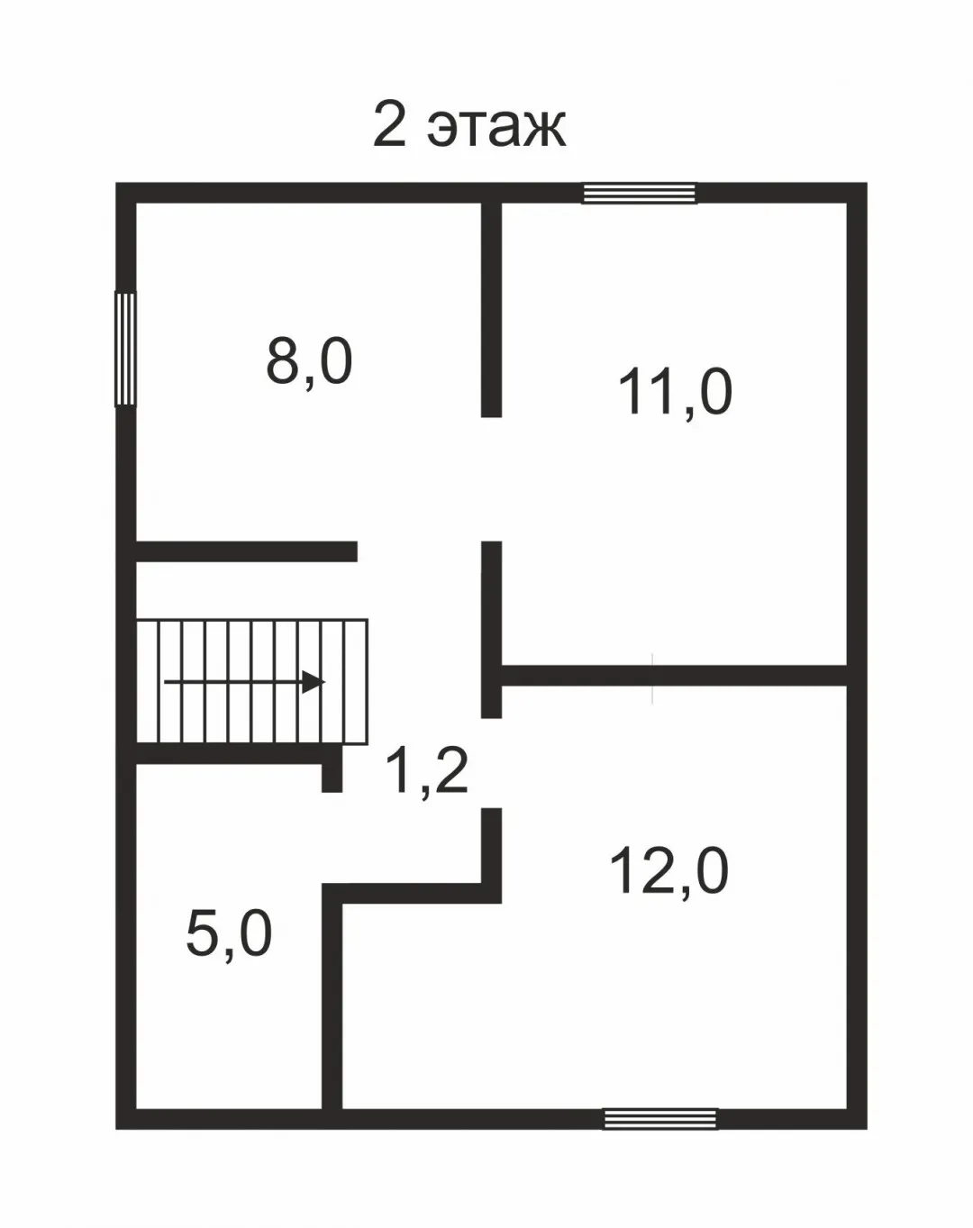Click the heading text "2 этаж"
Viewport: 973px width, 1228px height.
[469, 125]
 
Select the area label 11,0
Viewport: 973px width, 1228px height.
[675, 393]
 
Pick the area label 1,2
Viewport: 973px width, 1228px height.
[426, 773]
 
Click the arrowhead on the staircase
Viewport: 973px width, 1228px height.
[314, 682]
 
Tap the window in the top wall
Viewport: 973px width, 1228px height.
[639, 194]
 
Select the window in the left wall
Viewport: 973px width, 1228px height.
[125, 348]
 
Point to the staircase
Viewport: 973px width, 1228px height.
[251, 681]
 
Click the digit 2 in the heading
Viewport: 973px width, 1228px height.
[390, 125]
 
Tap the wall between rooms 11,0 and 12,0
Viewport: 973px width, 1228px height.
[673, 675]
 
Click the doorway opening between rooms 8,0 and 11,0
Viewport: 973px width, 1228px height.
[491, 478]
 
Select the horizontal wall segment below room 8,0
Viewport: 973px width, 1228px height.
[247, 551]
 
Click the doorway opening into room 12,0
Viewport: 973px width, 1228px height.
[491, 763]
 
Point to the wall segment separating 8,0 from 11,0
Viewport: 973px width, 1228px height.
[491, 310]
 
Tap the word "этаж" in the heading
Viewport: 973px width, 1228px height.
[497, 130]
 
